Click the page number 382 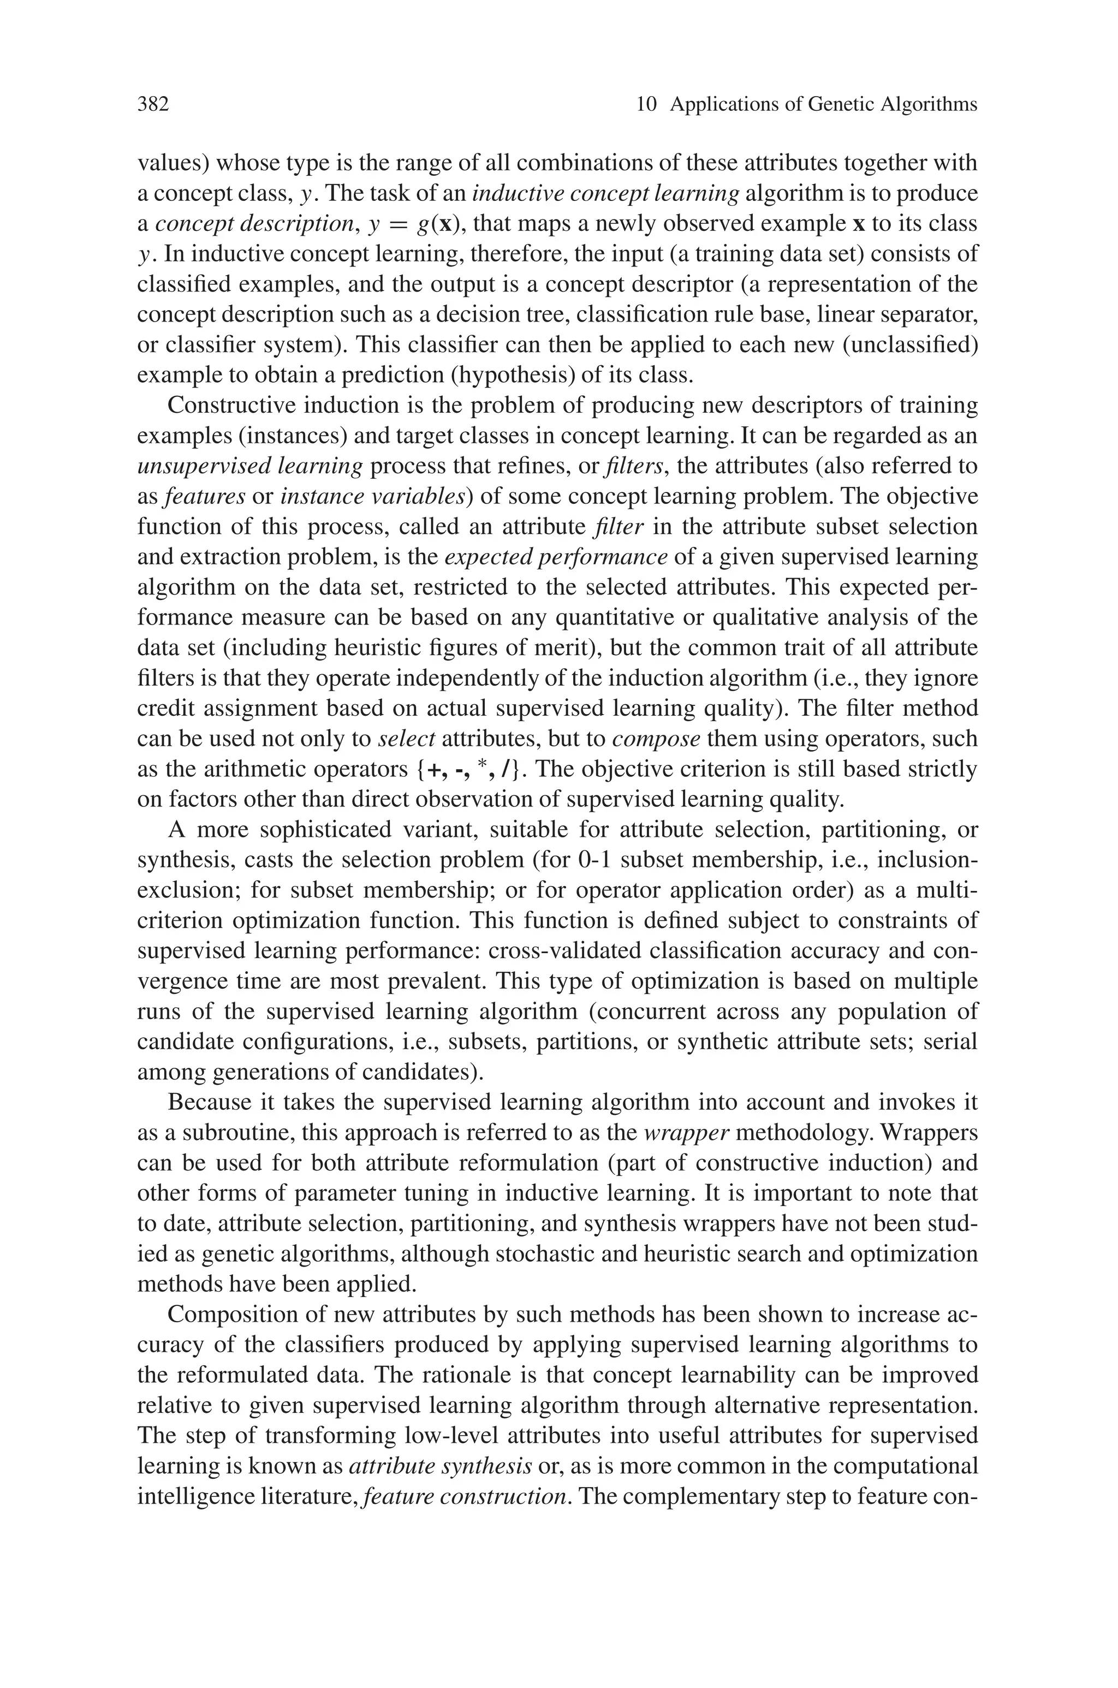[153, 105]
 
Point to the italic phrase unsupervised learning [249, 466]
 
